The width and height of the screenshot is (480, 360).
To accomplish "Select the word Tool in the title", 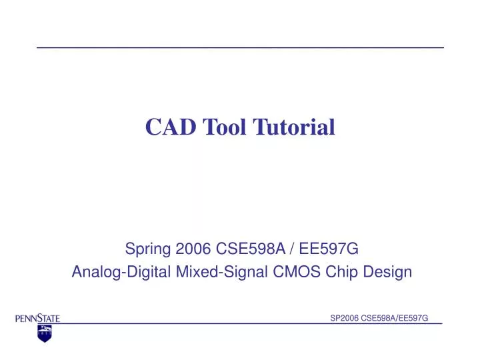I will [217, 126].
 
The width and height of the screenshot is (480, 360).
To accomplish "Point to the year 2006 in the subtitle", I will [194, 249].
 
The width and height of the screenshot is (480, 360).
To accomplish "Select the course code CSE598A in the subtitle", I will [249, 249].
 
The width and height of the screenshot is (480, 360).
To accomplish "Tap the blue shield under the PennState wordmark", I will [44, 333].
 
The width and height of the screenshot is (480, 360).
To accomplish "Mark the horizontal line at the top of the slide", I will [240, 48].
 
